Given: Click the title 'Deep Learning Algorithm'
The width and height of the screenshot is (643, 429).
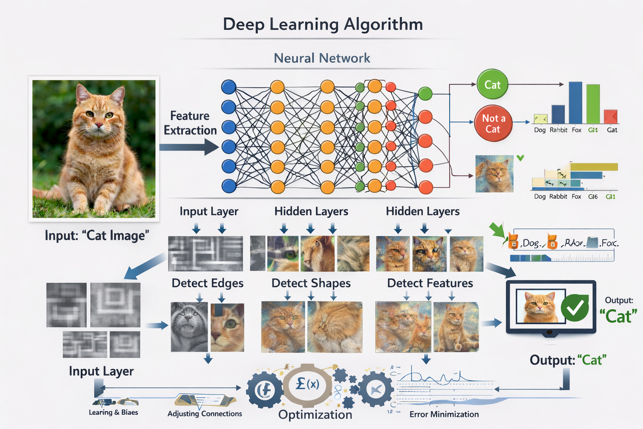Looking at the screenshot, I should pyautogui.click(x=323, y=24).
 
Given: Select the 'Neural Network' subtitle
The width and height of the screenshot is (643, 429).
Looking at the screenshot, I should pyautogui.click(x=322, y=58).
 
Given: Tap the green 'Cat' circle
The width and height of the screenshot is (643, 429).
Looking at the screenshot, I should pyautogui.click(x=492, y=85).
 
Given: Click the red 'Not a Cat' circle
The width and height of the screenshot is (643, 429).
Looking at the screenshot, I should pyautogui.click(x=493, y=124).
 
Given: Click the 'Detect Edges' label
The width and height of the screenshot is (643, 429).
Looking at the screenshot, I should pyautogui.click(x=207, y=283).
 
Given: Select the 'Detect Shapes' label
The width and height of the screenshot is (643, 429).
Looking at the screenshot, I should pyautogui.click(x=311, y=283).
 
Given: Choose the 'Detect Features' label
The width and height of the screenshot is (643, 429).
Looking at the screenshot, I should pyautogui.click(x=430, y=283).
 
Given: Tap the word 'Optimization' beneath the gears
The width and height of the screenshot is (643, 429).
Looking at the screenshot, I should pyautogui.click(x=315, y=414).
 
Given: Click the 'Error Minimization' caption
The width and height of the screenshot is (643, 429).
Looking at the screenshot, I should pyautogui.click(x=444, y=414).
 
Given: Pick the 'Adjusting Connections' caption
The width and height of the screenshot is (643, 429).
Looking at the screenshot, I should pyautogui.click(x=205, y=413).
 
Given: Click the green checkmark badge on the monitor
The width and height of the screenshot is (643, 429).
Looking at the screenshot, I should pyautogui.click(x=575, y=308).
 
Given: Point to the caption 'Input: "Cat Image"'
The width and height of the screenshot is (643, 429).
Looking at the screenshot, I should pyautogui.click(x=97, y=235).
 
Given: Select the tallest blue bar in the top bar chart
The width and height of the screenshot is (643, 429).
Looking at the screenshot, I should pyautogui.click(x=575, y=103).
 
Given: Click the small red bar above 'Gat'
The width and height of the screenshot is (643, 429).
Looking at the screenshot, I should pyautogui.click(x=611, y=116).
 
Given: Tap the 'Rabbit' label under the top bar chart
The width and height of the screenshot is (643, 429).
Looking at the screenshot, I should pyautogui.click(x=558, y=130).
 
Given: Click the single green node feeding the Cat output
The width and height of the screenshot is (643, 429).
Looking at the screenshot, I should pyautogui.click(x=425, y=93).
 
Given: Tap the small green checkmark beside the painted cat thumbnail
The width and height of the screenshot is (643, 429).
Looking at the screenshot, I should pyautogui.click(x=520, y=158).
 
